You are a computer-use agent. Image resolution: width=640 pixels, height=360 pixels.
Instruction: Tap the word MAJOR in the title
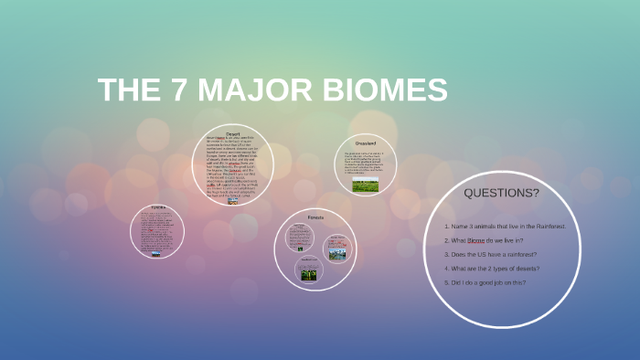pyautogui.click(x=264, y=90)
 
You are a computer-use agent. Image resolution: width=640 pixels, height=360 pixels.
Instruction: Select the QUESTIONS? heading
pyautogui.click(x=501, y=193)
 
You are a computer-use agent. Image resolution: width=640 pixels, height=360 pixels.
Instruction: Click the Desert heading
pyautogui.click(x=232, y=133)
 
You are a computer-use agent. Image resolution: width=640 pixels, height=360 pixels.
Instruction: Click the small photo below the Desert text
pyautogui.click(x=232, y=201)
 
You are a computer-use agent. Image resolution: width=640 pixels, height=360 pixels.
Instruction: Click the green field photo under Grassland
pyautogui.click(x=353, y=185)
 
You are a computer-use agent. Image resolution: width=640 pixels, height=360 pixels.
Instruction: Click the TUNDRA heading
pyautogui.click(x=157, y=207)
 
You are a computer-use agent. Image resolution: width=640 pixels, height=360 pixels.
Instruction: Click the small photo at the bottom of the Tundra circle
pyautogui.click(x=157, y=253)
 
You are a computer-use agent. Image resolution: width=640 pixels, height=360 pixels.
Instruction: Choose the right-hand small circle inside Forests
pyautogui.click(x=336, y=248)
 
